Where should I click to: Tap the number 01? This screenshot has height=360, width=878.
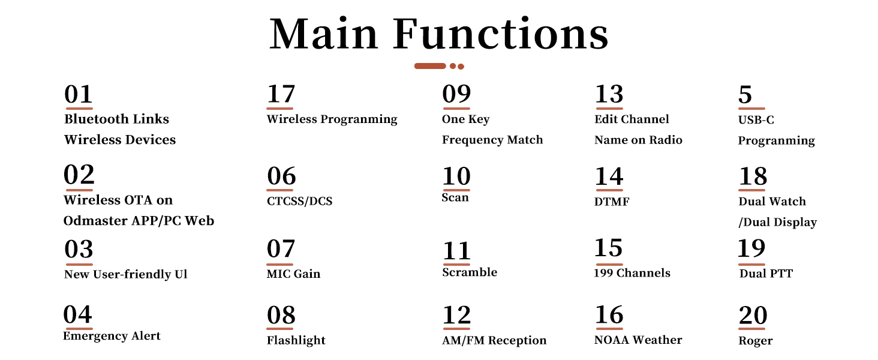pos(79,94)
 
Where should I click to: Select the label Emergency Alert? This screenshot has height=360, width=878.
pos(112,336)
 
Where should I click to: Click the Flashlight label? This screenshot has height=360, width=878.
pos(296,340)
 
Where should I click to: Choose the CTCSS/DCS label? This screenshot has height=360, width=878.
pos(299,201)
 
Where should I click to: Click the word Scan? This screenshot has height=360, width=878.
pos(455,197)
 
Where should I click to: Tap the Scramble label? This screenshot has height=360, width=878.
pos(470,272)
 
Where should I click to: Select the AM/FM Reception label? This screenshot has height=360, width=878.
pos(494,340)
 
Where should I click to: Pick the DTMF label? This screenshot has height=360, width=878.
pos(612,202)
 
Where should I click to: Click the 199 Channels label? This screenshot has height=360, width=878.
pos(632,273)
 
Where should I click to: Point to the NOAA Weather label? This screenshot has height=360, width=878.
pos(638,340)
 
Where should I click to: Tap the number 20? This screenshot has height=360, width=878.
pos(753,315)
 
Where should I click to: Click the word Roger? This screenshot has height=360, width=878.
pos(756,341)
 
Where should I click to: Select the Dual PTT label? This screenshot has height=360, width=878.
pos(766,274)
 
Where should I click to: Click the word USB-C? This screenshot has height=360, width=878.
pos(756,120)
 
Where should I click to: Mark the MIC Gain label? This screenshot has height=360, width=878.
pos(294,274)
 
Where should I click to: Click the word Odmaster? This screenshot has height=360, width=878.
pos(95,221)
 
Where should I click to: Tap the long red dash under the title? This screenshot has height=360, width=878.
pos(430,66)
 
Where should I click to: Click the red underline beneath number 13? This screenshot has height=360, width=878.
pos(609,109)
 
